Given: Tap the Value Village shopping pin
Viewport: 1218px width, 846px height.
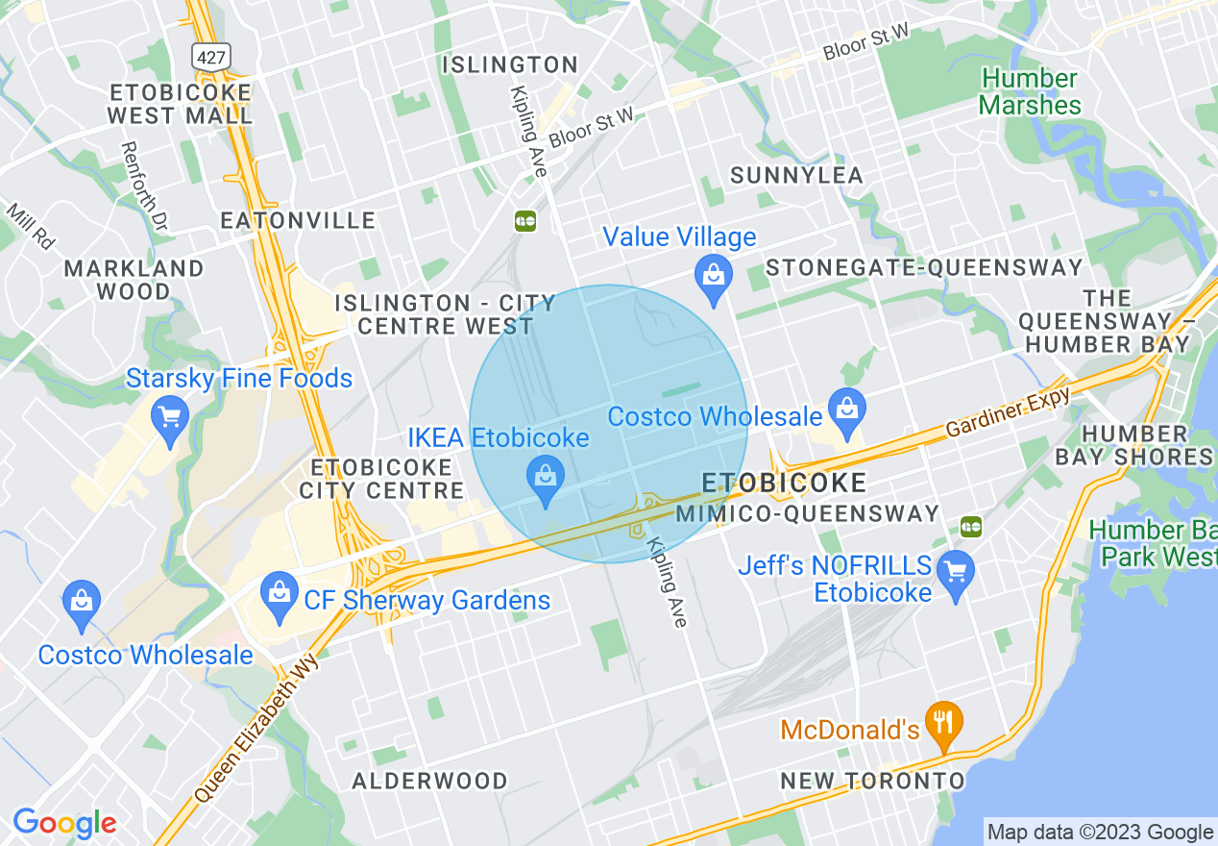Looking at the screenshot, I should [713, 276].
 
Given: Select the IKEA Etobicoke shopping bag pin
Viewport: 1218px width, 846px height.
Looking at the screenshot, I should [546, 478].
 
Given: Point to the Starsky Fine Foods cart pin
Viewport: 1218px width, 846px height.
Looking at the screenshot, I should [170, 419].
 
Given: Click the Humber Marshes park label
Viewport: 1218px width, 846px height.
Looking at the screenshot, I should [1030, 92].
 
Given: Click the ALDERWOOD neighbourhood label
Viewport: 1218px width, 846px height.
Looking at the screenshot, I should [429, 781].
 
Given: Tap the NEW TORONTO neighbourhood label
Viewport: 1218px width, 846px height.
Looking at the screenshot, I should [871, 781].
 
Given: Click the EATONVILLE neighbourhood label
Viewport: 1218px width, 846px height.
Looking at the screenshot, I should [298, 221].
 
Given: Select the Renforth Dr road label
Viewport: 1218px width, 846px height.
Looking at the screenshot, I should [143, 186].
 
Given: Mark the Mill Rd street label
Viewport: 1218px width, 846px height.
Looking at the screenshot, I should [30, 223].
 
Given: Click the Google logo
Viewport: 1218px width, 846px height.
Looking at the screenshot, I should [64, 824].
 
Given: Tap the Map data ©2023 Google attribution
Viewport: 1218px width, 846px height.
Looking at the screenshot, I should [1100, 833].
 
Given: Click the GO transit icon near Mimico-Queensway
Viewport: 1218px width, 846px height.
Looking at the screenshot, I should [971, 526].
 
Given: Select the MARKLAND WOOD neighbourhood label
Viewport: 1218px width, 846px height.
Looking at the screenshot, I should [134, 280].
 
